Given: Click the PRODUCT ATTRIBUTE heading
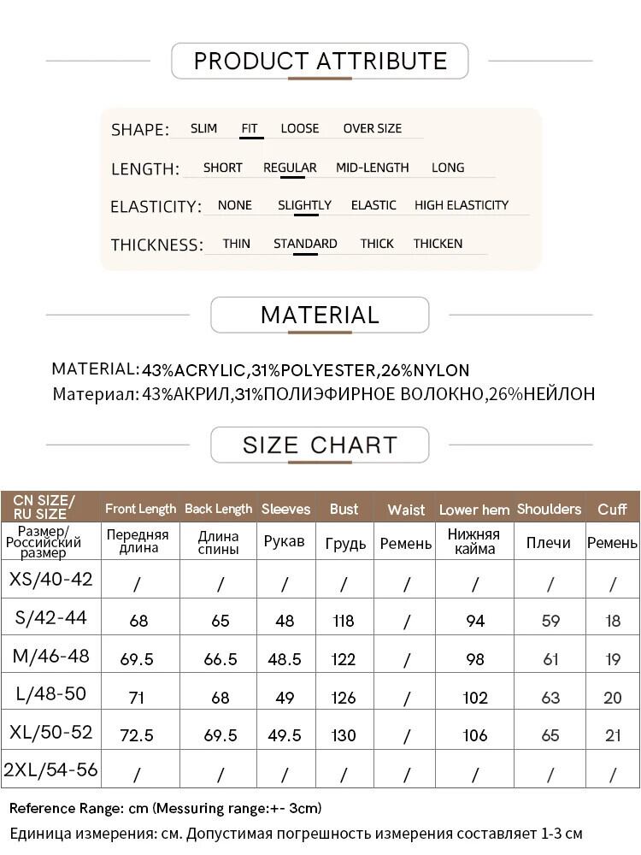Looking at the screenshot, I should point(320,61).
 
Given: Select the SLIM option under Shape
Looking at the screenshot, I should point(203,128).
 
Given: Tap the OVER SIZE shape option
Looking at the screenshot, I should point(372,128).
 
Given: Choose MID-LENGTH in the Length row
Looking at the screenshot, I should point(372,168).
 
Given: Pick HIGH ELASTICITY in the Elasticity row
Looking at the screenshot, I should point(462,205).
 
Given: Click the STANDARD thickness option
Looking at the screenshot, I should point(305,244).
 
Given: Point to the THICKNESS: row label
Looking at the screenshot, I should point(156,245).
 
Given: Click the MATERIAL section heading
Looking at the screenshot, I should point(320,315).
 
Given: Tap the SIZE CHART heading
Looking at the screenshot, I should point(320,445).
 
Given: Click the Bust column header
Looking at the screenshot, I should point(344,509).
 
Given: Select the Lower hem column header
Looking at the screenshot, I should point(474,510).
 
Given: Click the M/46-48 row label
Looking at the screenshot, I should point(50,657).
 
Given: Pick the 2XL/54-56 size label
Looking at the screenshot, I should point(50,769).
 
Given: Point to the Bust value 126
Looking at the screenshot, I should point(344,698).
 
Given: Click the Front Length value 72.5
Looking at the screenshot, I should point(138,735).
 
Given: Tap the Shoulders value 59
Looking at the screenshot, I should point(550,622).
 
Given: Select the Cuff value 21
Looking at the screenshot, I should point(613,735).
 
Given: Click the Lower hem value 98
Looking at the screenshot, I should point(475,659).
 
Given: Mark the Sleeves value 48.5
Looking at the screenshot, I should point(285,659).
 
